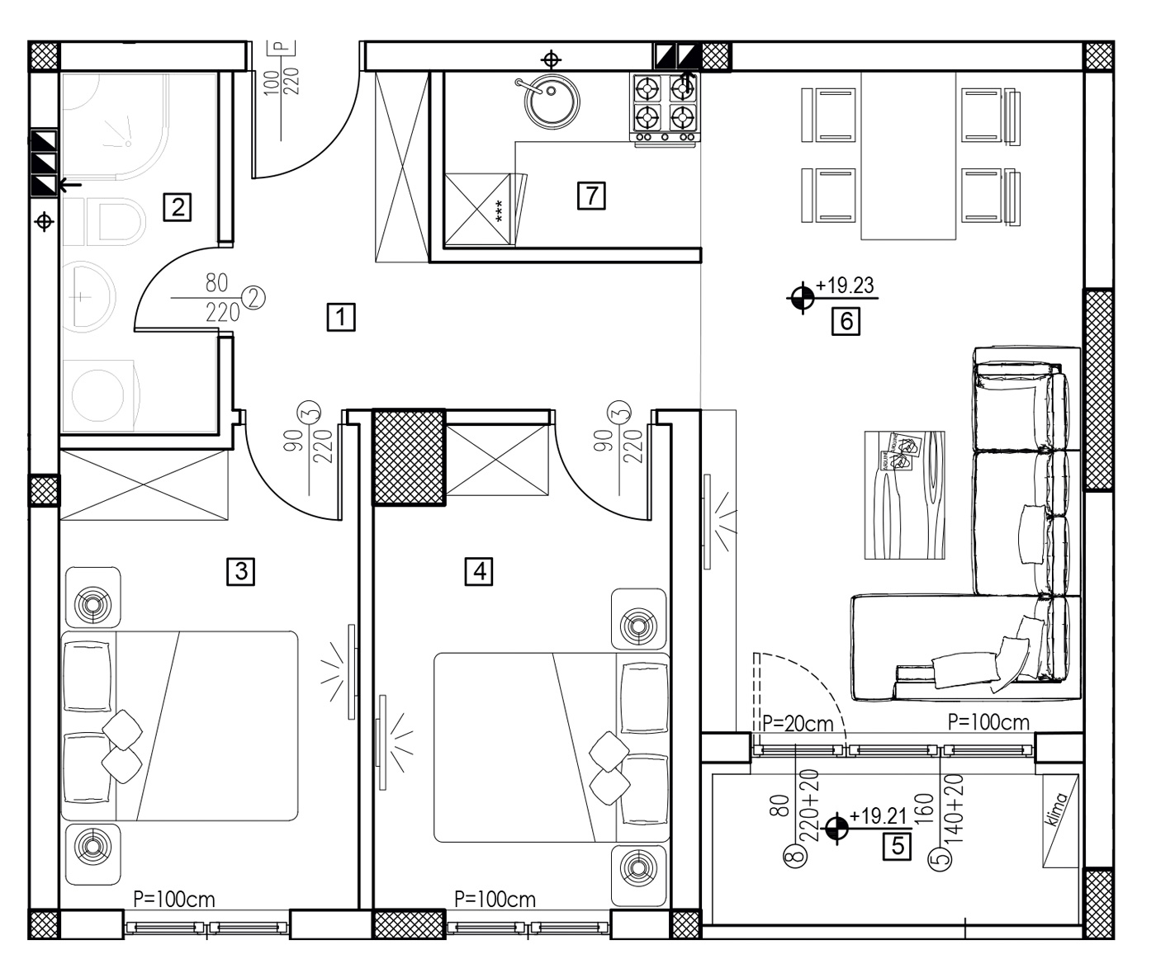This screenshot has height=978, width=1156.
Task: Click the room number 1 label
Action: (x=341, y=317)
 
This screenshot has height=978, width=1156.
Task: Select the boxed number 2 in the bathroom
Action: (x=178, y=206)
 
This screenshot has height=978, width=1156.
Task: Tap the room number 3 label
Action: (x=241, y=570)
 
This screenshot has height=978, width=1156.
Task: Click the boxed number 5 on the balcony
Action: (x=898, y=846)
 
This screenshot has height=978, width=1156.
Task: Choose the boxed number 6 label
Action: (x=846, y=319)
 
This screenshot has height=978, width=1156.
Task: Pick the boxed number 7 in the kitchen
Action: (x=592, y=196)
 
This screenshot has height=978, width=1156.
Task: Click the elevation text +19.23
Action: (x=845, y=286)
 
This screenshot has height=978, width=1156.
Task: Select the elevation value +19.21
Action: (x=878, y=817)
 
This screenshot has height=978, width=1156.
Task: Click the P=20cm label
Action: (x=798, y=724)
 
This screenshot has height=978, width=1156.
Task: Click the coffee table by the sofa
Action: (x=904, y=495)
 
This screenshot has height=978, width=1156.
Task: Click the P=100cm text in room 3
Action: (x=174, y=900)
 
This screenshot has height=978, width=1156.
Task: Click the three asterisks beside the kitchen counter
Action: (x=499, y=211)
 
